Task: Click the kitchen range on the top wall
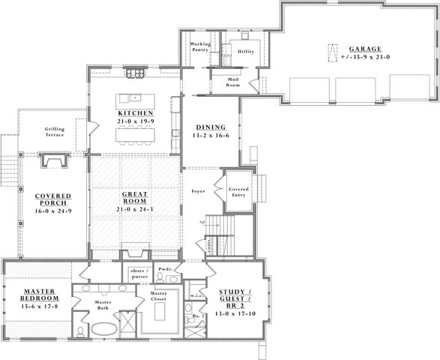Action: click(136, 73)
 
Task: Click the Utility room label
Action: click(245, 52)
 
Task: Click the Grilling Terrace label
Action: click(54, 132)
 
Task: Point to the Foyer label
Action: click(199, 191)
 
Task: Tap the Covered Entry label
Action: click(239, 193)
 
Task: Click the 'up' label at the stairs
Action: click(201, 223)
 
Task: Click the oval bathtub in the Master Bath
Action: click(104, 329)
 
